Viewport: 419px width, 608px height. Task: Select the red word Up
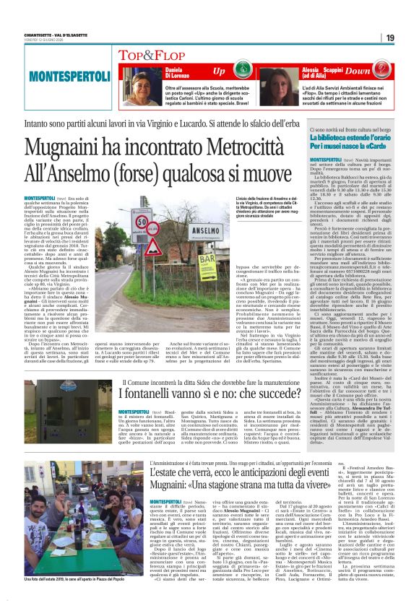click(x=219, y=71)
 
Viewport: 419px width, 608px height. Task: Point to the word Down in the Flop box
click(x=378, y=71)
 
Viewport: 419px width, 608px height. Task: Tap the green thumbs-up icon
click(x=241, y=71)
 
